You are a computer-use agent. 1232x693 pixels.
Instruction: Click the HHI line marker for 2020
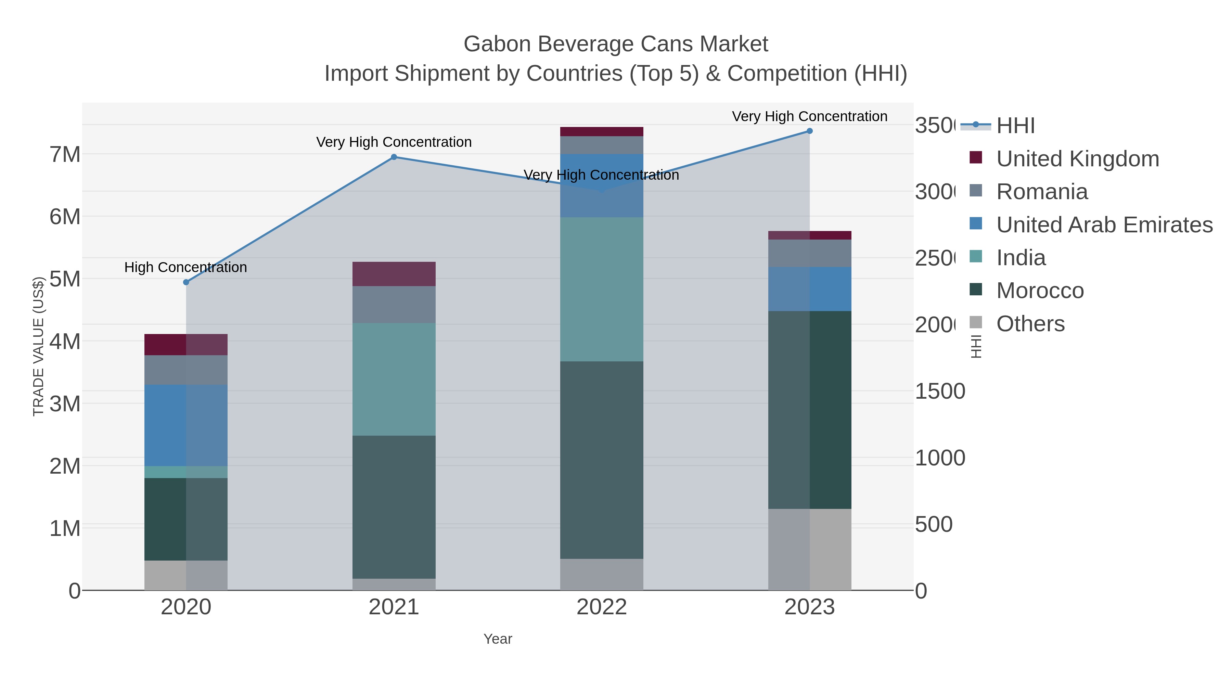point(186,282)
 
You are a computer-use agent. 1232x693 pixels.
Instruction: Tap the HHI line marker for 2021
point(394,157)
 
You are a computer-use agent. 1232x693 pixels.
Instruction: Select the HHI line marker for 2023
point(809,131)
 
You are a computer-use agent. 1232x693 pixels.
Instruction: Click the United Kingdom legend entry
point(1077,159)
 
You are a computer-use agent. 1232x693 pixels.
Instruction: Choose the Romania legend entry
point(1042,192)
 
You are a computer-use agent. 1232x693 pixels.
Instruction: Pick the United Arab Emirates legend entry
point(1104,225)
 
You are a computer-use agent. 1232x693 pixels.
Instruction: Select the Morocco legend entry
point(1040,291)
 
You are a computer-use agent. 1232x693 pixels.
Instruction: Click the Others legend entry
point(1030,324)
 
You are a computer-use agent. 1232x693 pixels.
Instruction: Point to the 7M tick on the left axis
point(65,154)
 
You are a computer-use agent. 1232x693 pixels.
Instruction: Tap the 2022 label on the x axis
point(601,607)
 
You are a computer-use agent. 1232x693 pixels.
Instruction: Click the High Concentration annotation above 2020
point(185,267)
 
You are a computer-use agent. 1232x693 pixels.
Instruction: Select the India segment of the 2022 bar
point(601,289)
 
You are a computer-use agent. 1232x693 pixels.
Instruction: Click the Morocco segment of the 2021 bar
point(394,507)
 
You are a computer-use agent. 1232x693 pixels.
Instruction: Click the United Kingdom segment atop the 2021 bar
point(394,274)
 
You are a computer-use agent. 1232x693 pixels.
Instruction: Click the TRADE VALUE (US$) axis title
point(38,346)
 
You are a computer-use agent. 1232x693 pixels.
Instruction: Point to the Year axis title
point(497,639)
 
